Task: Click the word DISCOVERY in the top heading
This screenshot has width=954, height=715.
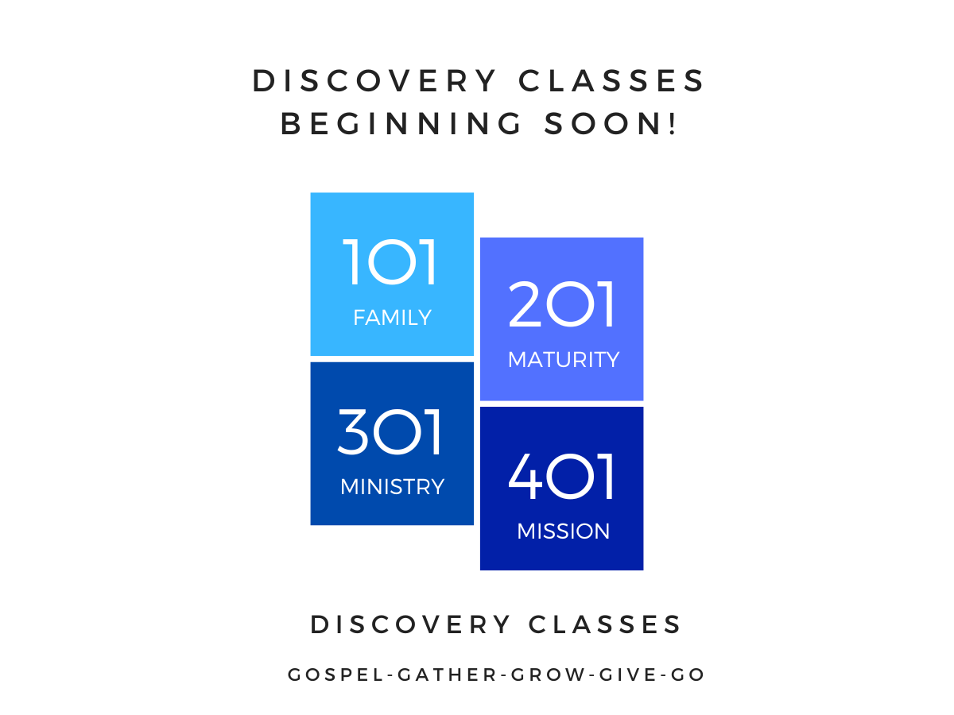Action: click(x=374, y=81)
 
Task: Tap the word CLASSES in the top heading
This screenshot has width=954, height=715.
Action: click(x=611, y=81)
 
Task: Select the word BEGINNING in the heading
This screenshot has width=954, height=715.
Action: click(x=401, y=124)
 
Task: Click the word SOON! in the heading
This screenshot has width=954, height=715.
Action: click(x=611, y=124)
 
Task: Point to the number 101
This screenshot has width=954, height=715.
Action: click(x=390, y=262)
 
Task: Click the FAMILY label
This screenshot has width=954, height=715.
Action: click(x=393, y=317)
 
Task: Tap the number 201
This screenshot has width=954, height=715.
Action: click(x=560, y=304)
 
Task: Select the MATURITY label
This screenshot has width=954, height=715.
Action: click(x=564, y=359)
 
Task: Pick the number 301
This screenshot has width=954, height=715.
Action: click(x=390, y=432)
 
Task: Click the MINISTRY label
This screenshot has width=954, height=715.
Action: click(x=393, y=487)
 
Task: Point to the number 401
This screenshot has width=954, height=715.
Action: click(x=560, y=477)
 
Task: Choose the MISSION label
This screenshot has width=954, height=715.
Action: click(x=564, y=531)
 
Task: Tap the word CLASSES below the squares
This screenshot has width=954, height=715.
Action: click(x=604, y=624)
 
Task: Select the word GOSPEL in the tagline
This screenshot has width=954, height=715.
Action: click(x=335, y=675)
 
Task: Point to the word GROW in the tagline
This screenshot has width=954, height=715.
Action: click(x=548, y=675)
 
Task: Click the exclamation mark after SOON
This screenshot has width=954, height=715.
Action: click(x=673, y=124)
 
